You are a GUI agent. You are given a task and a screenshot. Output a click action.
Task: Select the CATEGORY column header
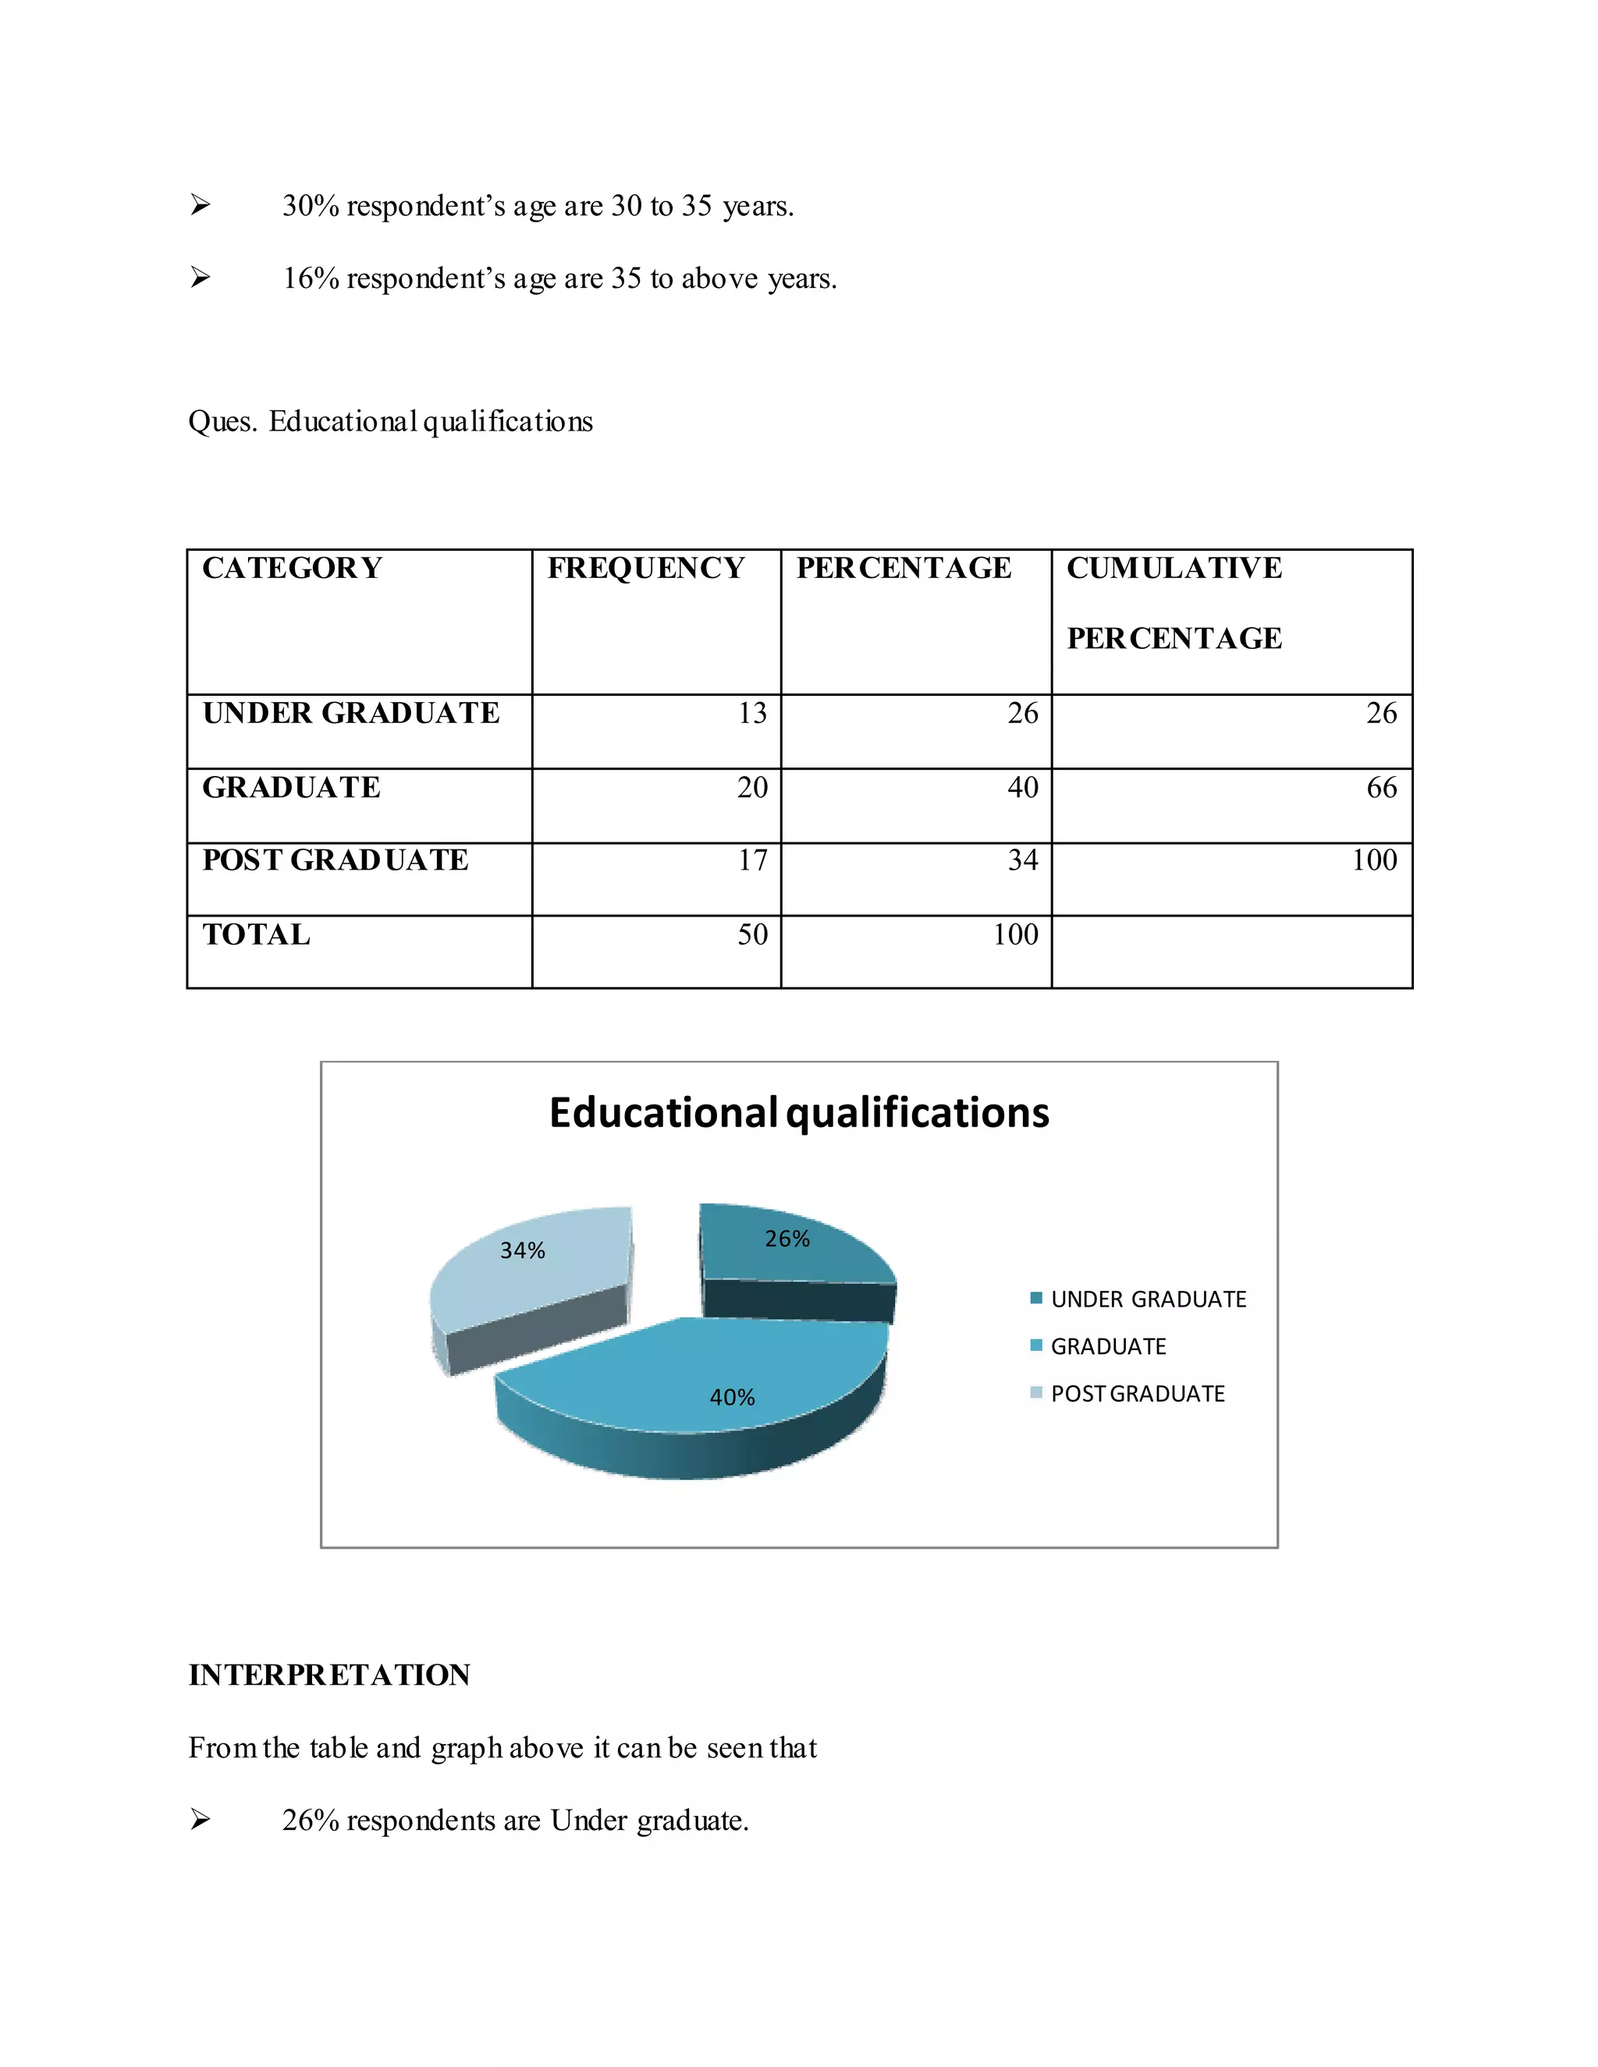[x=292, y=568]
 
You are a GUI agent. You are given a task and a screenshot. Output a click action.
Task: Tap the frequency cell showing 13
[x=753, y=713]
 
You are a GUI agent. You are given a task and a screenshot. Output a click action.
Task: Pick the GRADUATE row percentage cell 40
[x=1022, y=788]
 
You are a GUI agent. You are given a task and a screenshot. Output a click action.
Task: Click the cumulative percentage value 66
[x=1381, y=788]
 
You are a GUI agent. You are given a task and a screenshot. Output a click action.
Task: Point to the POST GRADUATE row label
[x=335, y=860]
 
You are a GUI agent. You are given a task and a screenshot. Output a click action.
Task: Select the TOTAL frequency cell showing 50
[x=753, y=935]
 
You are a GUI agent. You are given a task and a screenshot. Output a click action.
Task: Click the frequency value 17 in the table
[x=753, y=860]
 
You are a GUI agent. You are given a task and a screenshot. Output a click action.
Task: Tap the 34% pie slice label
[x=523, y=1250]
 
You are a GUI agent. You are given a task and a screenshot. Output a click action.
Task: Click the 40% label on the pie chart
[x=732, y=1397]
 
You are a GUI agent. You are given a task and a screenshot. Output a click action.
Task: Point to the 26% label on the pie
[x=787, y=1239]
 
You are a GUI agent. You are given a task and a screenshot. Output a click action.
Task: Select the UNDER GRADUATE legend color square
[x=1035, y=1298]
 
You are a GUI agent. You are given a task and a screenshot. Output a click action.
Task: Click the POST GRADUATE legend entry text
[x=1137, y=1393]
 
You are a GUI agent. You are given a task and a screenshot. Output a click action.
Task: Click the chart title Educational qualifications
[x=799, y=1113]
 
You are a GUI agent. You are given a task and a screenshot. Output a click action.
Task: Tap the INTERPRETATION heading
[x=328, y=1675]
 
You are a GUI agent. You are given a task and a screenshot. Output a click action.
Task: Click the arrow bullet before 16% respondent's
[x=200, y=278]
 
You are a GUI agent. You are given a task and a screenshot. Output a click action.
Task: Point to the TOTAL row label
[x=256, y=935]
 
